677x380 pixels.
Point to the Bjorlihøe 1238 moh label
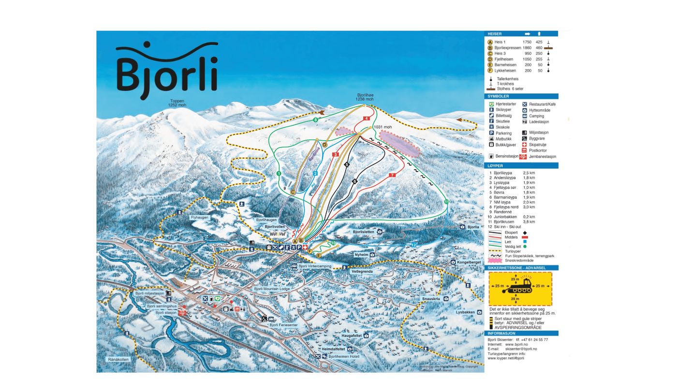pyautogui.click(x=365, y=97)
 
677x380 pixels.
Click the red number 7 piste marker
pyautogui.click(x=392, y=175)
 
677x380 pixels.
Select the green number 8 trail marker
pyautogui.click(x=315, y=119)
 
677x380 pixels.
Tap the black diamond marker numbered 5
pyautogui.click(x=346, y=165)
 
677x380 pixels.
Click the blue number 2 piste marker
pyautogui.click(x=315, y=173)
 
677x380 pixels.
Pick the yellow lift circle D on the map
pyautogui.click(x=324, y=145)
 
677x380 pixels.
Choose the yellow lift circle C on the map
pyautogui.click(x=293, y=192)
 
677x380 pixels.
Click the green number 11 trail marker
pyautogui.click(x=446, y=202)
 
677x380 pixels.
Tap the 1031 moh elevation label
pyautogui.click(x=383, y=128)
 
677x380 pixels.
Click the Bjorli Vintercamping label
pyautogui.click(x=314, y=266)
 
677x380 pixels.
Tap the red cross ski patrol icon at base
pyautogui.click(x=305, y=247)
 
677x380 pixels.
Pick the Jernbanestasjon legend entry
pyautogui.click(x=543, y=157)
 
